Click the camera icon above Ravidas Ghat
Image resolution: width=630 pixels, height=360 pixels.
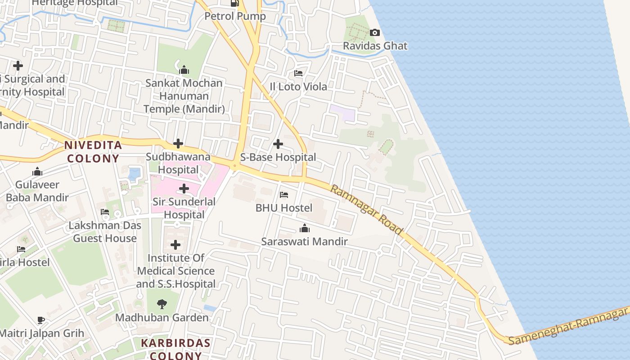coord(374,32)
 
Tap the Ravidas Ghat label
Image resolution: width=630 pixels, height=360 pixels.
coord(375,46)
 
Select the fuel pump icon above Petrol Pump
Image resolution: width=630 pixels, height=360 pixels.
coord(234,3)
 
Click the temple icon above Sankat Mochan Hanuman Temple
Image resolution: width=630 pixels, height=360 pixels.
coord(184,70)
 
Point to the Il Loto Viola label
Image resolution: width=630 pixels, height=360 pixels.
coord(298,86)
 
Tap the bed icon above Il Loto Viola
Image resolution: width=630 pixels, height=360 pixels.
coord(298,73)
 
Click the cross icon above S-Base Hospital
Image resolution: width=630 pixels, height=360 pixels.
coord(278,144)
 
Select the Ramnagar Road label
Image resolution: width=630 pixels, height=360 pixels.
coord(366,209)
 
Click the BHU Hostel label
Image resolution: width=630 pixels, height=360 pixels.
coord(283,208)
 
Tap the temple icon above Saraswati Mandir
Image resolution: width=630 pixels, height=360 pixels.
coord(304,229)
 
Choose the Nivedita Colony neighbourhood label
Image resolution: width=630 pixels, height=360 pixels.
coord(93,152)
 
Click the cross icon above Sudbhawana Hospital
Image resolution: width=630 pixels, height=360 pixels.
coord(178,144)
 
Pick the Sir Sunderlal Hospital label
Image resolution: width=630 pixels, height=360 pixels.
coord(184,208)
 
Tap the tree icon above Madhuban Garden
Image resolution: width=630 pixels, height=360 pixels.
coord(162,304)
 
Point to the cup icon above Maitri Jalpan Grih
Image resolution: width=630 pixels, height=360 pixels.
coord(41,320)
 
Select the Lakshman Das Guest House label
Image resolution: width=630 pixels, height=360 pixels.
coord(105,232)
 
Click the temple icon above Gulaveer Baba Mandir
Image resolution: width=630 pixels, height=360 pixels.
coord(37,171)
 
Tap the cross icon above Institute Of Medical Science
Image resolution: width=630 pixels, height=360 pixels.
coord(175,245)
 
